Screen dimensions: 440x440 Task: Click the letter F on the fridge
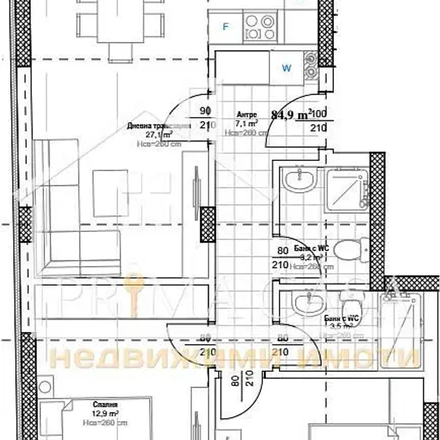(x=226, y=27)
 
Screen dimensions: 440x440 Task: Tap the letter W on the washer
(x=286, y=68)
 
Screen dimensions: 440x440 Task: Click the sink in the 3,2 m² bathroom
(x=299, y=180)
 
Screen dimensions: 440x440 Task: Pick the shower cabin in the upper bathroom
(x=347, y=190)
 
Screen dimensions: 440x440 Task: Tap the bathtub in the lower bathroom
(x=400, y=330)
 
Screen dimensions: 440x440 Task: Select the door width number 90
(x=205, y=110)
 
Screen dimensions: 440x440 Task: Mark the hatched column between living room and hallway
(x=207, y=224)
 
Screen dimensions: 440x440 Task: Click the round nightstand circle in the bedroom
(x=44, y=387)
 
